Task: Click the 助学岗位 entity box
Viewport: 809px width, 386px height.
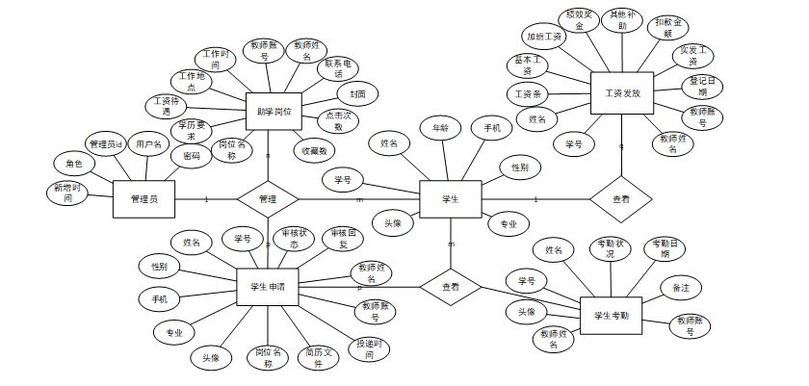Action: coord(274,113)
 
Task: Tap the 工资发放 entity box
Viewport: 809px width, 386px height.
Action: coord(621,93)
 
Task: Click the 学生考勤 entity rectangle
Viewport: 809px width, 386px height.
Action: coord(611,316)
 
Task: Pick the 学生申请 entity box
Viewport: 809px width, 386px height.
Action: coord(268,286)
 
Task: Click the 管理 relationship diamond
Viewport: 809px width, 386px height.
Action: coord(268,199)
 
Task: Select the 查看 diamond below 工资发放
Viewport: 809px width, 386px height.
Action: coord(621,199)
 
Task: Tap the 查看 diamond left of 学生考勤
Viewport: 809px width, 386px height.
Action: coord(450,287)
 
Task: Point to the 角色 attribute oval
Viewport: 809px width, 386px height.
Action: coord(74,164)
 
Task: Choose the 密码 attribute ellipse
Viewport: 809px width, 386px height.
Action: coord(192,156)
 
